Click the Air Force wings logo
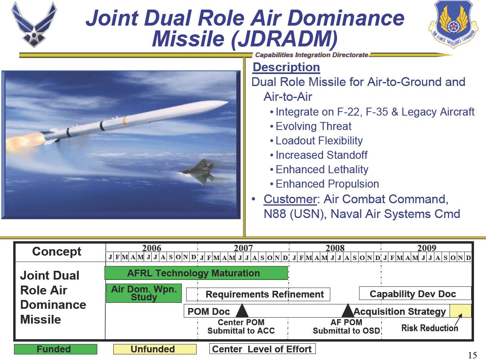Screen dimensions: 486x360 [34, 24]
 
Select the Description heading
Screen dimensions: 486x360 [286, 67]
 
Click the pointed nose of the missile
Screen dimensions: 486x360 [228, 102]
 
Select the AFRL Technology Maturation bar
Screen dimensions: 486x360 [196, 273]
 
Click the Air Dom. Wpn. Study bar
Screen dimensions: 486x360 [144, 293]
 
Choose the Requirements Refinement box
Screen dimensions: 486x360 [258, 294]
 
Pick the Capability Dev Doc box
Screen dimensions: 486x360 [415, 293]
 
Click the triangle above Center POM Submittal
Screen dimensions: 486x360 [242, 310]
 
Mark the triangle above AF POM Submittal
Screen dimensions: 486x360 [348, 310]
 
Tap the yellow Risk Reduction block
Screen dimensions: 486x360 [460, 310]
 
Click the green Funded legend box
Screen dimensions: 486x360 [56, 349]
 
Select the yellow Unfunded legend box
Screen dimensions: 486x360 [155, 349]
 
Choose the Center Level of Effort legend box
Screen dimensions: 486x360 [263, 349]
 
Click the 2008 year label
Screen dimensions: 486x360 [335, 248]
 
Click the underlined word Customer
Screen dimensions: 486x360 [290, 199]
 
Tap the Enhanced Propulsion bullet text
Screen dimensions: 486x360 [327, 184]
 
